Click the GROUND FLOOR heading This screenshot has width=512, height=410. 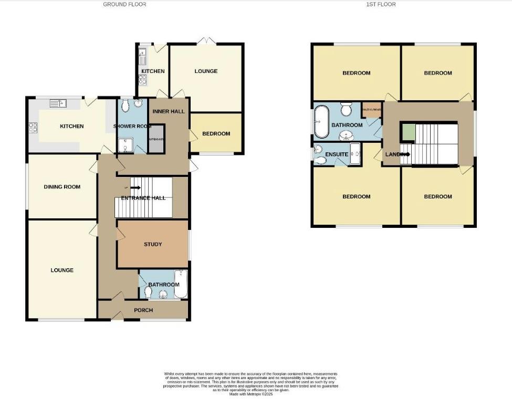[x=124, y=4]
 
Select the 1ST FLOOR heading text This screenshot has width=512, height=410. [x=381, y=4]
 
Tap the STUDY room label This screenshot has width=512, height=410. [x=153, y=244]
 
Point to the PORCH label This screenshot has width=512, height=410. [x=143, y=310]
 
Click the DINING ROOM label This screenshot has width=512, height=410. [x=62, y=187]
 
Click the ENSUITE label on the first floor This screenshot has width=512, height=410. [x=337, y=154]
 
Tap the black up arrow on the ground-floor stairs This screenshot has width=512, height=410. [x=135, y=187]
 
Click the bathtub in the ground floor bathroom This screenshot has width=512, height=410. [x=180, y=284]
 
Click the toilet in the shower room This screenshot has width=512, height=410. [x=124, y=107]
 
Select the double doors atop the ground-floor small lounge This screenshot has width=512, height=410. [x=206, y=41]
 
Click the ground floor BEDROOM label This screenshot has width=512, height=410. [x=216, y=134]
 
